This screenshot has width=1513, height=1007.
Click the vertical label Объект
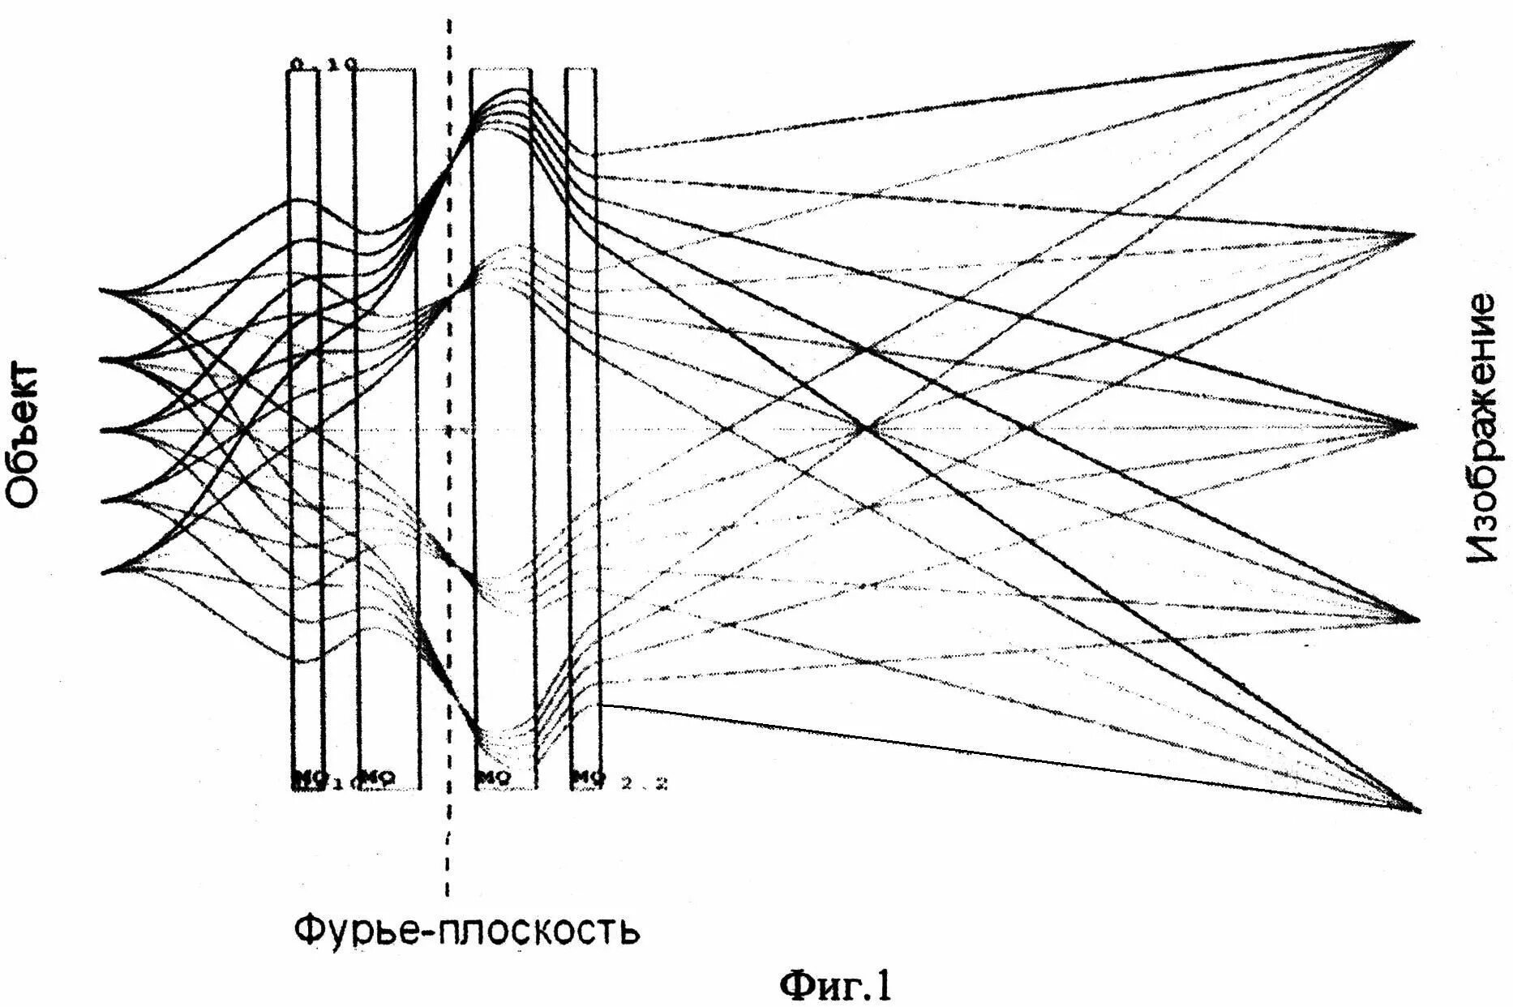pyautogui.click(x=22, y=435)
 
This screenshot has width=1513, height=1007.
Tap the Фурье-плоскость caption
pyautogui.click(x=466, y=930)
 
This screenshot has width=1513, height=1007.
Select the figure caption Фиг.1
pyautogui.click(x=835, y=985)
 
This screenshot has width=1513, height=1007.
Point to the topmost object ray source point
pyautogui.click(x=102, y=290)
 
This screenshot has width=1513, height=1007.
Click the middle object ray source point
pyautogui.click(x=102, y=430)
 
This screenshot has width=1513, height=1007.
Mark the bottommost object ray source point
pyautogui.click(x=102, y=572)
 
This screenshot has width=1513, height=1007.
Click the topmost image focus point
pyautogui.click(x=1412, y=41)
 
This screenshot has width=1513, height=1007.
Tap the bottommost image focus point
pyautogui.click(x=1419, y=809)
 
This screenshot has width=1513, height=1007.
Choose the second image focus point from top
pyautogui.click(x=1413, y=235)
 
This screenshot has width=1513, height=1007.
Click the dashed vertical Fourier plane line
pyautogui.click(x=448, y=454)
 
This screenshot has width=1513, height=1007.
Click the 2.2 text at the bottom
pyautogui.click(x=644, y=783)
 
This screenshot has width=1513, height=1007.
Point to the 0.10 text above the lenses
pyautogui.click(x=323, y=63)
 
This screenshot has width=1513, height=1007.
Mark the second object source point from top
pyautogui.click(x=102, y=359)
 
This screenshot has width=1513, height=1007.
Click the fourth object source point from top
pyautogui.click(x=102, y=500)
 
